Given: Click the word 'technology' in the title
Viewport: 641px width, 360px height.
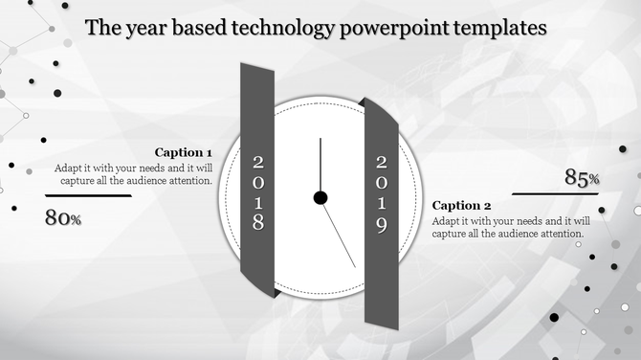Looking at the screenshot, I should pyautogui.click(x=282, y=28).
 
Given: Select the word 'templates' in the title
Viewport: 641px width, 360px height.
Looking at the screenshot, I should pyautogui.click(x=497, y=28).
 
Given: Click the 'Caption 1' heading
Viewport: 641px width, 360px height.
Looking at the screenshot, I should pyautogui.click(x=184, y=152).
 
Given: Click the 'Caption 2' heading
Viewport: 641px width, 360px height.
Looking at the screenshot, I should pyautogui.click(x=462, y=205).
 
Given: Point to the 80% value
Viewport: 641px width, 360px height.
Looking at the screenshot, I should pyautogui.click(x=63, y=218).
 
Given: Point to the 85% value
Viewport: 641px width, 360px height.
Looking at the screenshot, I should pyautogui.click(x=582, y=177).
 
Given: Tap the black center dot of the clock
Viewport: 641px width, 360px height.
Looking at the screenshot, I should pyautogui.click(x=320, y=198).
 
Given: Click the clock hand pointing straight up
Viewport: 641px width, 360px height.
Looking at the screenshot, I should pyautogui.click(x=320, y=165).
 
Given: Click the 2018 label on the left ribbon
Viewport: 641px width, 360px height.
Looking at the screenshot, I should pyautogui.click(x=257, y=191).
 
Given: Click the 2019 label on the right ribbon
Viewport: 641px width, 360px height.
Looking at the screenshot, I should pyautogui.click(x=381, y=194).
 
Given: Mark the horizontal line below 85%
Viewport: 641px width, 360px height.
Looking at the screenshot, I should pyautogui.click(x=555, y=193).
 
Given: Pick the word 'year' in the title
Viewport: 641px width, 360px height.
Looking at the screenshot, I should pyautogui.click(x=144, y=28).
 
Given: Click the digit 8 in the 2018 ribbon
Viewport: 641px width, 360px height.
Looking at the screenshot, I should pyautogui.click(x=257, y=223).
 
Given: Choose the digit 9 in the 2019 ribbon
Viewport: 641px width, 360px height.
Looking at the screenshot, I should pyautogui.click(x=381, y=227).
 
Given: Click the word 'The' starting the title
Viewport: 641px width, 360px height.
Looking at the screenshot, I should pyautogui.click(x=101, y=28).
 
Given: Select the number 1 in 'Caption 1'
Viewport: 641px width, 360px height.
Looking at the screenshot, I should pyautogui.click(x=209, y=152).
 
